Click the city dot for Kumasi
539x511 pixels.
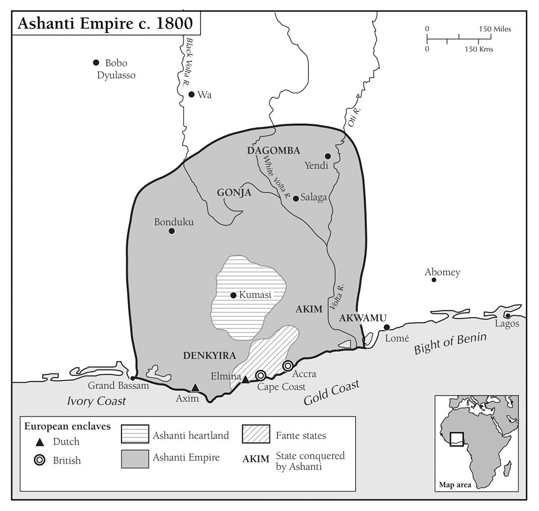pyautogui.click(x=233, y=295)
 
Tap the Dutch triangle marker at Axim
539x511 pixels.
pyautogui.click(x=195, y=387)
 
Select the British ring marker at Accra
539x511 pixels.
pyautogui.click(x=287, y=366)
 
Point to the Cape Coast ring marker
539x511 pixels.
pyautogui.click(x=260, y=375)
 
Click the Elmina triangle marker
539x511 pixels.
pyautogui.click(x=245, y=379)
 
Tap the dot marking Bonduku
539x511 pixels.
pyautogui.click(x=171, y=231)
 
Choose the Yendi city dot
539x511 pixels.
pyautogui.click(x=327, y=156)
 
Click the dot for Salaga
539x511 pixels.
pyautogui.click(x=296, y=198)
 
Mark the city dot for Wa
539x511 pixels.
pyautogui.click(x=192, y=94)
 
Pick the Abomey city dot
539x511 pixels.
pyautogui.click(x=434, y=280)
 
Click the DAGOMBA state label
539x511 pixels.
pyautogui.click(x=273, y=151)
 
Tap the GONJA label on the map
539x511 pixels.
pyautogui.click(x=234, y=193)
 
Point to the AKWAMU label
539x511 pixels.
pyautogui.click(x=363, y=318)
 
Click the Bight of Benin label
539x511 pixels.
pyautogui.click(x=451, y=343)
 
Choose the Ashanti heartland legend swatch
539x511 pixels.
pyautogui.click(x=135, y=435)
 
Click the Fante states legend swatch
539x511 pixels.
pyautogui.click(x=256, y=435)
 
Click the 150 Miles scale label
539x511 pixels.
pyautogui.click(x=494, y=29)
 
